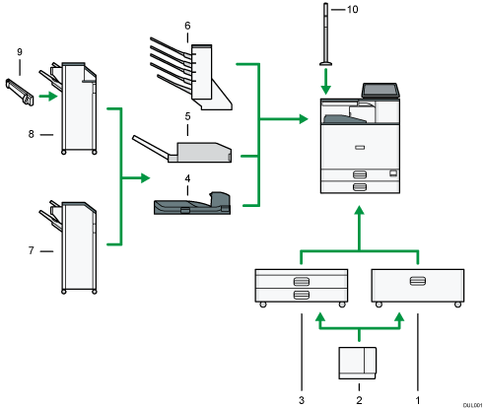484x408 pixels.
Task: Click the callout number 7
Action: tap(33, 251)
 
